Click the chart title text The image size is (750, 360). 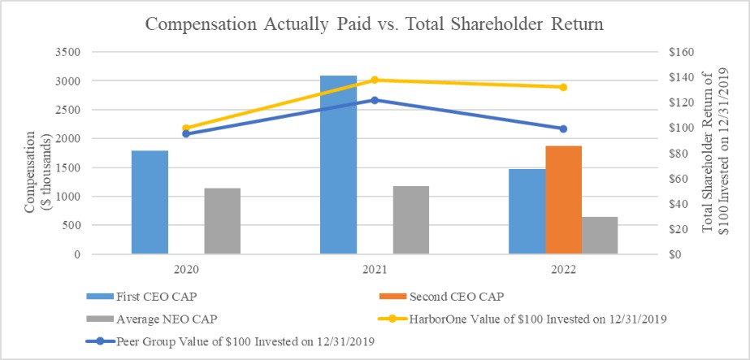(x=375, y=24)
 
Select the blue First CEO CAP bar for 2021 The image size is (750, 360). (x=338, y=165)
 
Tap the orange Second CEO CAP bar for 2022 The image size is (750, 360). (x=563, y=200)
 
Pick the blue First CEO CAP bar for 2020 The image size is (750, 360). (x=150, y=202)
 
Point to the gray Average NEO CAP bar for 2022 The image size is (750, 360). (x=600, y=236)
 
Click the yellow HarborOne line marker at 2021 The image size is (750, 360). (x=375, y=80)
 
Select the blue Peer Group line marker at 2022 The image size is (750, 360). (x=562, y=128)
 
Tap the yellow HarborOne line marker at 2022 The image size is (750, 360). (x=562, y=87)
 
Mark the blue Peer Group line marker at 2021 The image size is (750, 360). (x=375, y=100)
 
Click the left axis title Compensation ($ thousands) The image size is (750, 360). (x=37, y=154)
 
